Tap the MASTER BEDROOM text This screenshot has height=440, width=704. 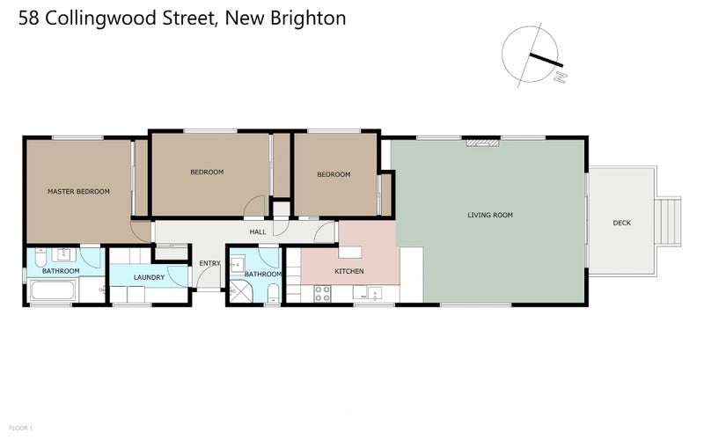[78, 191]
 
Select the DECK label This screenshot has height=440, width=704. [621, 224]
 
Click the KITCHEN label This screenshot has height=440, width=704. [348, 271]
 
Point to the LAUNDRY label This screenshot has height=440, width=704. [149, 278]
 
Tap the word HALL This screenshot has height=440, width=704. [258, 231]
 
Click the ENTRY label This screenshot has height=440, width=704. [209, 263]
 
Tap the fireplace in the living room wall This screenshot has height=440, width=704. [482, 141]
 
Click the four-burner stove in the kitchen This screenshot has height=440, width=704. [322, 294]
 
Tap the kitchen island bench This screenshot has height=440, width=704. [411, 273]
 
